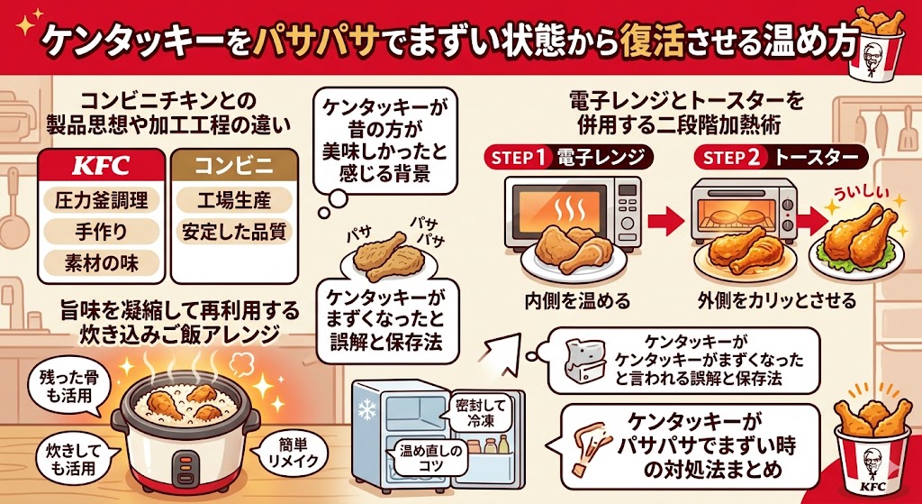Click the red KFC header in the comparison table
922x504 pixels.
click(x=101, y=166)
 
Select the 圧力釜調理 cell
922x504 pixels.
click(x=101, y=199)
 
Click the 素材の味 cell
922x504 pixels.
click(x=101, y=263)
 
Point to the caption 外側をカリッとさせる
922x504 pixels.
click(x=777, y=299)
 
